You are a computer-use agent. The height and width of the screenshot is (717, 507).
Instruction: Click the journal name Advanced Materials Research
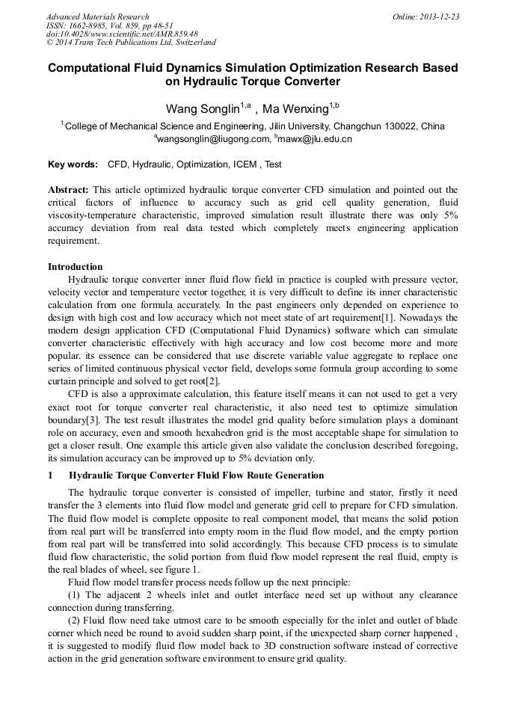(97, 16)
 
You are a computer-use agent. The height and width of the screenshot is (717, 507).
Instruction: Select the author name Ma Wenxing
(295, 109)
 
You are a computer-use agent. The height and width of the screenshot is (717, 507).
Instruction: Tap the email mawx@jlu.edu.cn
(315, 139)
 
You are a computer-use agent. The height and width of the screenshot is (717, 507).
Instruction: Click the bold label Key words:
(73, 164)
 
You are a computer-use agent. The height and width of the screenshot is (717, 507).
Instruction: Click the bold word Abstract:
(68, 191)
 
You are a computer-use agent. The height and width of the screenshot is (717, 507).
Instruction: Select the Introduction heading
(76, 267)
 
